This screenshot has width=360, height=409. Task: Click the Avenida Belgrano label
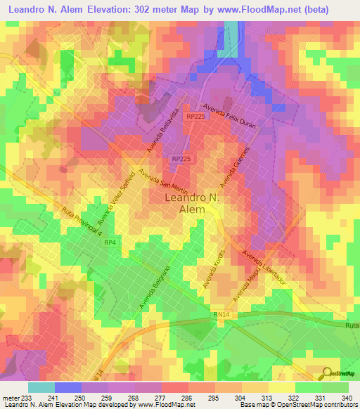pos(161,280)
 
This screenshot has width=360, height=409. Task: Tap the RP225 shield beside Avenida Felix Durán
pos(196,117)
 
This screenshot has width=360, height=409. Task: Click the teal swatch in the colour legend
pos(41,387)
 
